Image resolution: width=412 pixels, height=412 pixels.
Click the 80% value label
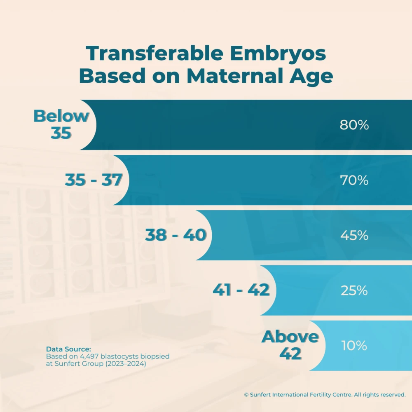point(354,125)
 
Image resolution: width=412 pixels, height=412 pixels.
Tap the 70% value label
point(354,180)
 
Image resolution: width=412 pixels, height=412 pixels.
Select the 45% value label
point(354,236)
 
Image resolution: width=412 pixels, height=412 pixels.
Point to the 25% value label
point(354,291)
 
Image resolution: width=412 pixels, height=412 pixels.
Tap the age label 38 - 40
point(176,236)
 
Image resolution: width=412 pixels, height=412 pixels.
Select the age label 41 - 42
point(241,290)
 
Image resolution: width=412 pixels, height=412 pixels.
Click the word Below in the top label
point(61,116)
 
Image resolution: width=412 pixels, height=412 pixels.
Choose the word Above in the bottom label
point(290,337)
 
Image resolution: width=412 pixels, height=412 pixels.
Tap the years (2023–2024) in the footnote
point(126,364)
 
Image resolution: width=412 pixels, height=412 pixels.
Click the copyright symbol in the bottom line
point(246,395)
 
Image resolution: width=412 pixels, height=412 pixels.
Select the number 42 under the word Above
point(290,354)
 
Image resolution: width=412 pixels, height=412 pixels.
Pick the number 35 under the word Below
point(61,133)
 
